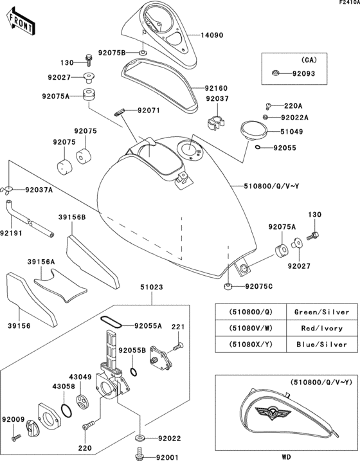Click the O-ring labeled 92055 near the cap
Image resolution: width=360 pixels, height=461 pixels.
(x=258, y=148)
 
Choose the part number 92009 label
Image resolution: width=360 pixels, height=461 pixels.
(x=12, y=419)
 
